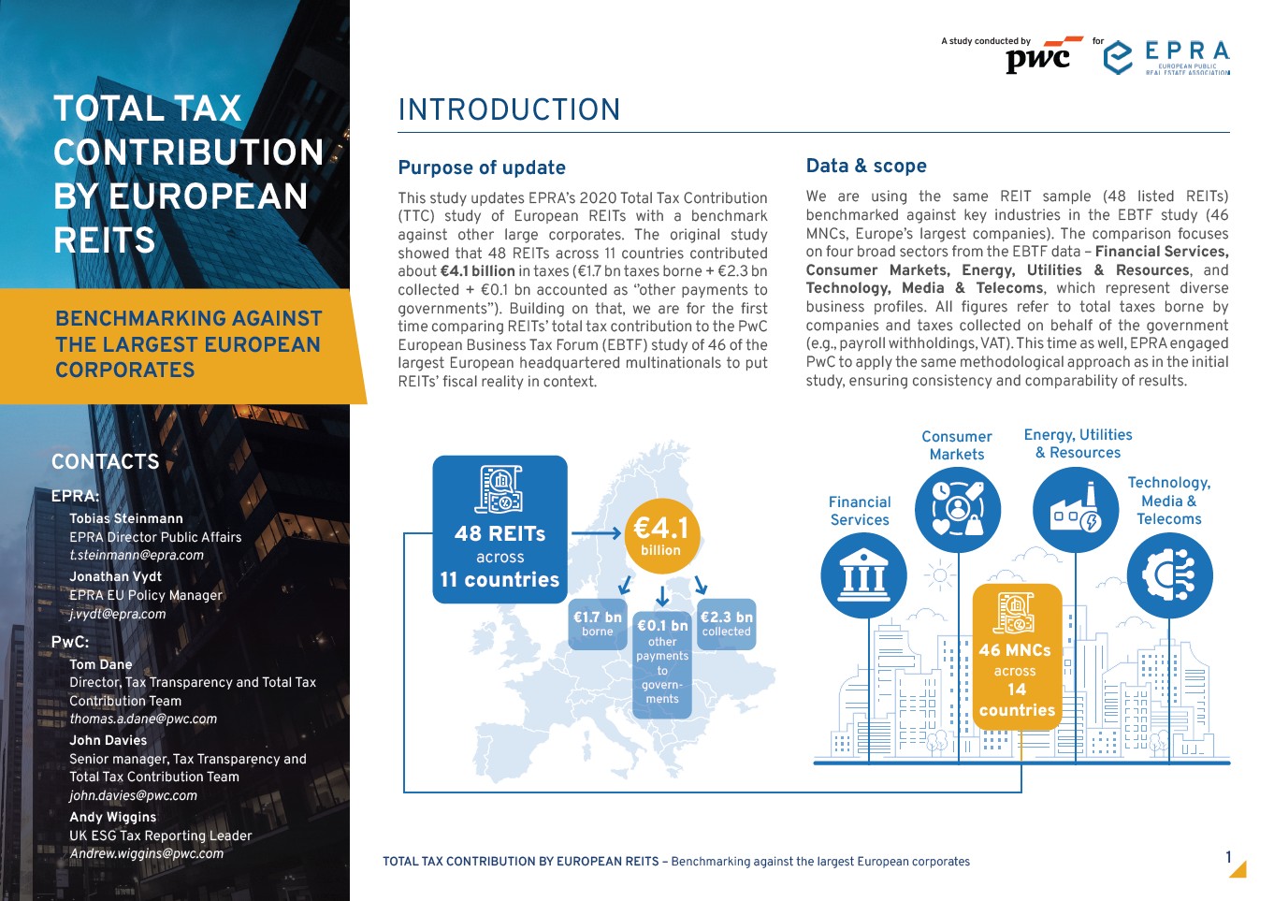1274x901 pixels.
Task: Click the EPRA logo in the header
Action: pyautogui.click(x=1166, y=57)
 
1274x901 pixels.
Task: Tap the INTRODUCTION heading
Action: pyautogui.click(x=509, y=110)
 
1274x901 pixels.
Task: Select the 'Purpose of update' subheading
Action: pyautogui.click(x=482, y=167)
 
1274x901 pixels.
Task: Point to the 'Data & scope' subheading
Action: pyautogui.click(x=866, y=166)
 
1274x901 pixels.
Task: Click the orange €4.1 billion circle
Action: pyautogui.click(x=660, y=534)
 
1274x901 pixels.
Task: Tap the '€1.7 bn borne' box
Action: pyautogui.click(x=597, y=624)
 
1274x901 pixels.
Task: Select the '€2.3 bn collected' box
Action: pyautogui.click(x=726, y=624)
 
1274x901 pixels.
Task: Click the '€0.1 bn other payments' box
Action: pyautogui.click(x=662, y=661)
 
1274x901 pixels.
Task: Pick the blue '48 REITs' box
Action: pyautogui.click(x=499, y=530)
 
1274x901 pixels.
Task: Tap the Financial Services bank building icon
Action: pyautogui.click(x=863, y=575)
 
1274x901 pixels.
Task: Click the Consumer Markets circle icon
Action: pyautogui.click(x=957, y=510)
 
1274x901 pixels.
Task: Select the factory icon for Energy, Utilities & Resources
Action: pyautogui.click(x=1076, y=510)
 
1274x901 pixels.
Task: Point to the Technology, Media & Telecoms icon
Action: pyautogui.click(x=1169, y=575)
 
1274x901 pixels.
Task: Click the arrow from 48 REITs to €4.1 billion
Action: pyautogui.click(x=596, y=534)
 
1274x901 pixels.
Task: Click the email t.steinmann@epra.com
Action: pyautogui.click(x=137, y=555)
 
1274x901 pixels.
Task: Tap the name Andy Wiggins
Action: pyautogui.click(x=113, y=817)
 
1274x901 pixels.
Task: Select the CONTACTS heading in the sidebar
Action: pyautogui.click(x=106, y=461)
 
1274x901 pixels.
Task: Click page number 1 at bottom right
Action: pyautogui.click(x=1228, y=857)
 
